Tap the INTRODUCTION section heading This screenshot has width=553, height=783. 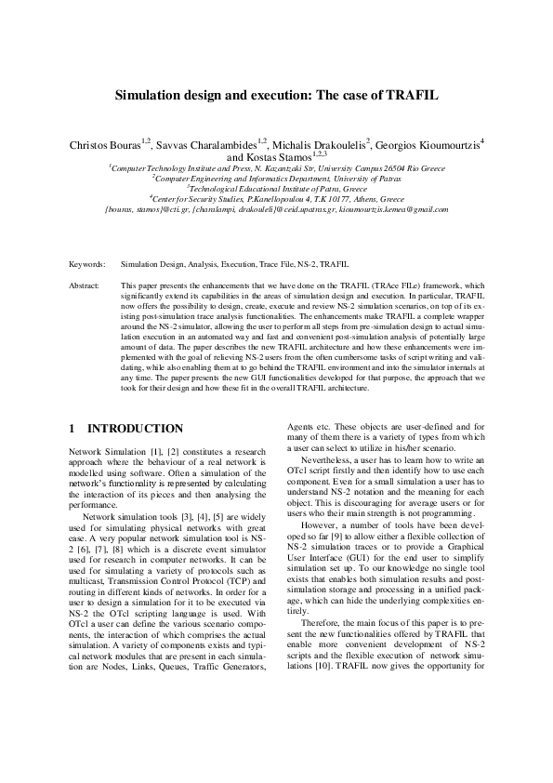(135, 429)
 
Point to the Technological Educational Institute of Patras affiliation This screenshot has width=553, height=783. (276, 189)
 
